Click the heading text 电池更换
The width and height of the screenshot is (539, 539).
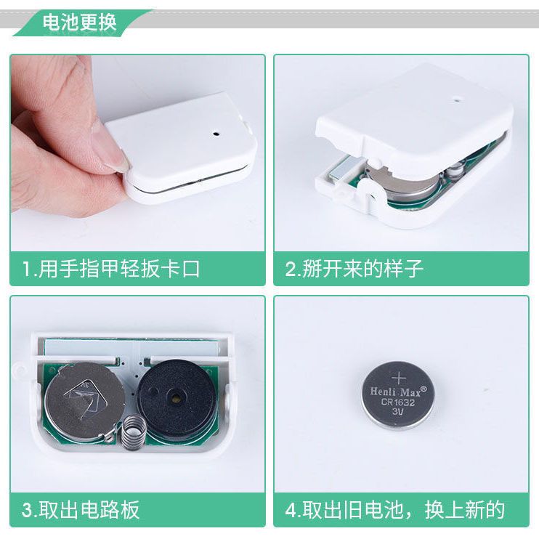pos(80,23)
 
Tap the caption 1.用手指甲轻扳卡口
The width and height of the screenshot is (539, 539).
pos(111,269)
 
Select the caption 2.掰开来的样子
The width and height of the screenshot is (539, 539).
pos(354,269)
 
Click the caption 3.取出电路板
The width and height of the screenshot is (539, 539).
pos(81,510)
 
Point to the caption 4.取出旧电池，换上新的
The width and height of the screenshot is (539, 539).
pos(395,510)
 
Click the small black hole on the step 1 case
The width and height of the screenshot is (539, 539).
pos(216,133)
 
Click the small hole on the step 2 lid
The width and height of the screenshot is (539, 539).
pos(457,101)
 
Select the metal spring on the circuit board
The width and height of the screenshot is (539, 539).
pos(132,431)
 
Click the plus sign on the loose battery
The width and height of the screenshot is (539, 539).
pos(399,378)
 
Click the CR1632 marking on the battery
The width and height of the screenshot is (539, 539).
pos(398,402)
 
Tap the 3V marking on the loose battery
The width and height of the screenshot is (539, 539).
pos(398,411)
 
